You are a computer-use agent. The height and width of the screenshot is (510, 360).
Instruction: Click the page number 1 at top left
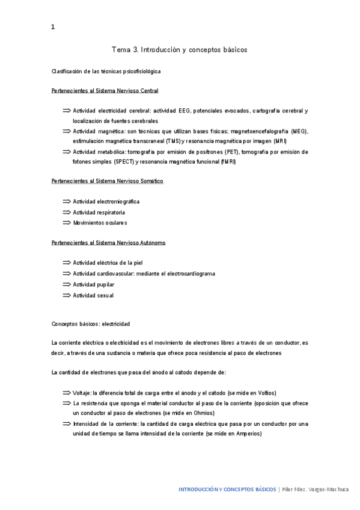pyautogui.click(x=53, y=27)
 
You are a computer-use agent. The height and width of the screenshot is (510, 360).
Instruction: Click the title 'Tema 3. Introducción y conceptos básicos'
pyautogui.click(x=180, y=49)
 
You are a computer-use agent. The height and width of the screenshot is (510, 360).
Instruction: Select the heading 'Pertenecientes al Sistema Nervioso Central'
pyautogui.click(x=105, y=91)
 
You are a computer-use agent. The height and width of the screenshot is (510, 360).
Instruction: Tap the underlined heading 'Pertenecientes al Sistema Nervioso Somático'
pyautogui.click(x=107, y=181)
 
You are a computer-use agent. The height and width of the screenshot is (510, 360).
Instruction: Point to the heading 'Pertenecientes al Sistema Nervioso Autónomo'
pyautogui.click(x=108, y=242)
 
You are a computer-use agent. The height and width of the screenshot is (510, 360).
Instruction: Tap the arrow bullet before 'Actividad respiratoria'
pyautogui.click(x=66, y=212)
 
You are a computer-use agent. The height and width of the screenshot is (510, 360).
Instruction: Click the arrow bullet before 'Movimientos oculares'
pyautogui.click(x=66, y=223)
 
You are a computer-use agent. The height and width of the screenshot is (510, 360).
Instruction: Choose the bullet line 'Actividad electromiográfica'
pyautogui.click(x=106, y=201)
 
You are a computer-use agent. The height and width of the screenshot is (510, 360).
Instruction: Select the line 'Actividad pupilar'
pyautogui.click(x=94, y=284)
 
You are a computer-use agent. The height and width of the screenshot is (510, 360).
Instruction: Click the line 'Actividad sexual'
pyautogui.click(x=93, y=295)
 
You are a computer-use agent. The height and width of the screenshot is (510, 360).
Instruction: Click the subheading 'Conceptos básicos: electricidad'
pyautogui.click(x=90, y=324)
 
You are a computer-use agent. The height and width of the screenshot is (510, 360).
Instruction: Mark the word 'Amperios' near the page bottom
pyautogui.click(x=249, y=434)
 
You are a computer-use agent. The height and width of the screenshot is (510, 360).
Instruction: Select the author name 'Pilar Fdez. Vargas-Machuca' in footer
pyautogui.click(x=316, y=490)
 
